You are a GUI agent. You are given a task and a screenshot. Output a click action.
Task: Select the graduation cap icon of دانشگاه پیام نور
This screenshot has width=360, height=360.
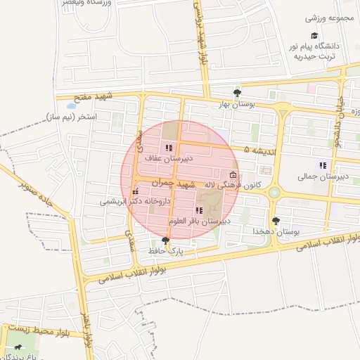(x=314, y=35)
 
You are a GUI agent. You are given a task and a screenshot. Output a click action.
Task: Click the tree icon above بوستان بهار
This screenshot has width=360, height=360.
(x=237, y=92)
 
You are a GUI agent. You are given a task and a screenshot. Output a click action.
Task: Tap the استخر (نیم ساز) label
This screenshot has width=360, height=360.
(x=70, y=116)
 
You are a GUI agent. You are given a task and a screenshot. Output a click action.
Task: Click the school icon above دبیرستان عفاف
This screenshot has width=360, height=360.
(x=168, y=148)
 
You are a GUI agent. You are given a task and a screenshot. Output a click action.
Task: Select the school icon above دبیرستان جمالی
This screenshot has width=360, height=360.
(x=323, y=165)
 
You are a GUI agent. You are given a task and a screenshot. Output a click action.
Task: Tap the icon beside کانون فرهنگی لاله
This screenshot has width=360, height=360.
(x=233, y=174)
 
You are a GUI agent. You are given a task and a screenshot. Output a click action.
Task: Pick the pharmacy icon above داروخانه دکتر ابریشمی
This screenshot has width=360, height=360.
(x=134, y=191)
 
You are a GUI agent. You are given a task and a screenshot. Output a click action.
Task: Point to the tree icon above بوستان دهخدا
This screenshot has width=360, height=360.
(x=276, y=220)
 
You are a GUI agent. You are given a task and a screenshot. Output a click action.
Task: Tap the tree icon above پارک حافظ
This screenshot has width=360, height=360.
(x=165, y=240)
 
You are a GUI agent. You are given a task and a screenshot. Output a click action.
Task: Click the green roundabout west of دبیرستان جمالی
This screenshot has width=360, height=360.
(x=274, y=192)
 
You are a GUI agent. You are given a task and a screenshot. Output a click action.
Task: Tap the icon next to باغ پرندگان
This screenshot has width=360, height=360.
(x=15, y=347)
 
